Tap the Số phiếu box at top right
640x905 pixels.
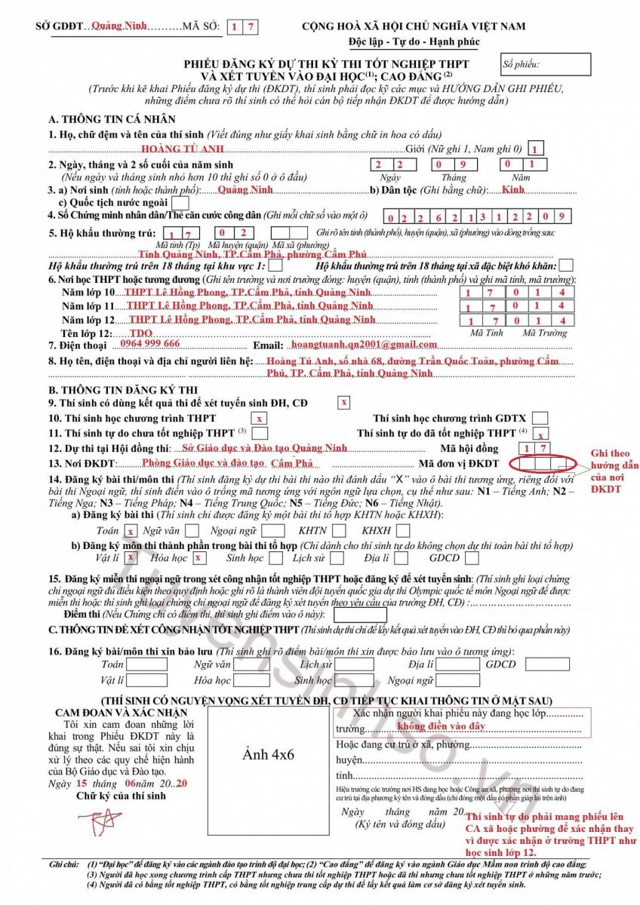(x=546, y=65)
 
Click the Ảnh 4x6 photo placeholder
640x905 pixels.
(x=268, y=754)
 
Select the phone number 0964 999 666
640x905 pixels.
(x=149, y=343)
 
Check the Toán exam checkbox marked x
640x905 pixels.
(x=131, y=531)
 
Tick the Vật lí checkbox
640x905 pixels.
(x=130, y=557)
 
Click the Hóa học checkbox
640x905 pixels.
(x=198, y=558)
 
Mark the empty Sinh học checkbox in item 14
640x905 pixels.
(x=275, y=559)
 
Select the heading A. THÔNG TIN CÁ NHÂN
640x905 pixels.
(x=112, y=119)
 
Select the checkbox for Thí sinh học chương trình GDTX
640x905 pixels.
(x=540, y=418)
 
